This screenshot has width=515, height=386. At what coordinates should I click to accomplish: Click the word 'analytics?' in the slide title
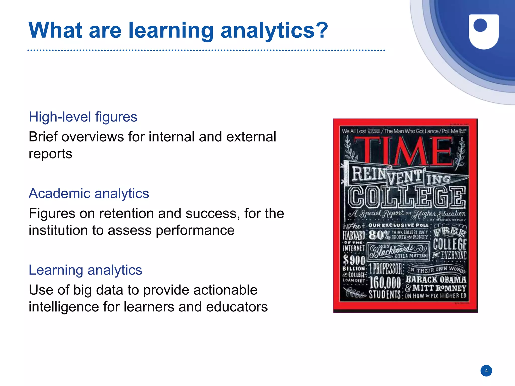pyautogui.click(x=274, y=31)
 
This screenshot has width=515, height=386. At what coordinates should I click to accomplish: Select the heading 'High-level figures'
pyautogui.click(x=83, y=117)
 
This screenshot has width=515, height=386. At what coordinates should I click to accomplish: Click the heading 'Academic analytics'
pyautogui.click(x=89, y=194)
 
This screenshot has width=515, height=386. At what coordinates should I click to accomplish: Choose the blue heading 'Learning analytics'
pyautogui.click(x=85, y=270)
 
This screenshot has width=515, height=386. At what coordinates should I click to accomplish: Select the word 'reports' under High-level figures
pyautogui.click(x=50, y=154)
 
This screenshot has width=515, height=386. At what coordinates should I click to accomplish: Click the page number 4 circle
pyautogui.click(x=486, y=371)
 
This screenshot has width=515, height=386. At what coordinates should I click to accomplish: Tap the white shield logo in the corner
pyautogui.click(x=484, y=31)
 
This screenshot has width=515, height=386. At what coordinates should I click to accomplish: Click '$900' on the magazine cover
pyautogui.click(x=354, y=260)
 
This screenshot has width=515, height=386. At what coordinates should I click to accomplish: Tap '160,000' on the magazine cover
pyautogui.click(x=385, y=283)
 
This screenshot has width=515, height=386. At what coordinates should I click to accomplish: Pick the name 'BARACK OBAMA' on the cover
pyautogui.click(x=436, y=280)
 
